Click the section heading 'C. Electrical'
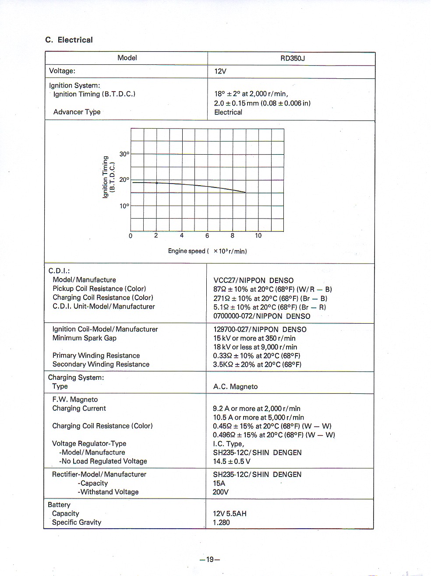pyautogui.click(x=69, y=40)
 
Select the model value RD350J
pyautogui.click(x=293, y=58)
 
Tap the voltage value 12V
pyautogui.click(x=220, y=71)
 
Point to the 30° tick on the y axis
pyautogui.click(x=124, y=154)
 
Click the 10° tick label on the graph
pyautogui.click(x=124, y=206)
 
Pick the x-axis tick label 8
pyautogui.click(x=233, y=236)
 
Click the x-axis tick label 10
pyautogui.click(x=258, y=236)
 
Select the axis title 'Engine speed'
pyautogui.click(x=187, y=251)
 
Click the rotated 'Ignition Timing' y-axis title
pyautogui.click(x=105, y=177)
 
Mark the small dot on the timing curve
pyautogui.click(x=157, y=183)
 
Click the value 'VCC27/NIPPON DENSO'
pyautogui.click(x=253, y=280)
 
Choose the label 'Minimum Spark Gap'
pyautogui.click(x=85, y=338)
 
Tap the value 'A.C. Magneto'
pyautogui.click(x=235, y=387)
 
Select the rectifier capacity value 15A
pyautogui.click(x=219, y=483)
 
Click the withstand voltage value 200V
pyautogui.click(x=221, y=492)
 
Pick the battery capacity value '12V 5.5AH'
pyautogui.click(x=230, y=513)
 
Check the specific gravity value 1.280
pyautogui.click(x=221, y=522)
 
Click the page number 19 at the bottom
pyautogui.click(x=210, y=559)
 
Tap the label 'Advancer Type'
pyautogui.click(x=77, y=112)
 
